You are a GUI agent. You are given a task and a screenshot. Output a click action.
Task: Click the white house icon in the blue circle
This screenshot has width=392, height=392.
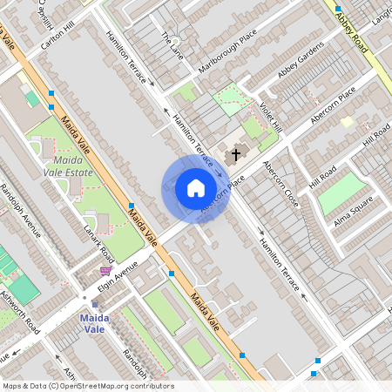[x=196, y=188]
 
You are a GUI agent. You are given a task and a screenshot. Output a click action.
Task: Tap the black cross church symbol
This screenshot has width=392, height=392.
[x=233, y=156]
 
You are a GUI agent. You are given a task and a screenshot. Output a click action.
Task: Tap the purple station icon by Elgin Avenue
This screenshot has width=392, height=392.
[x=105, y=271]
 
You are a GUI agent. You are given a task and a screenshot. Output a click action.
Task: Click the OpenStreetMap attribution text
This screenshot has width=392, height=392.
[x=87, y=386]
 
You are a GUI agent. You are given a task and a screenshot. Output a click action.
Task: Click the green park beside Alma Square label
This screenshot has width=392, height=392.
[x=340, y=193]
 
